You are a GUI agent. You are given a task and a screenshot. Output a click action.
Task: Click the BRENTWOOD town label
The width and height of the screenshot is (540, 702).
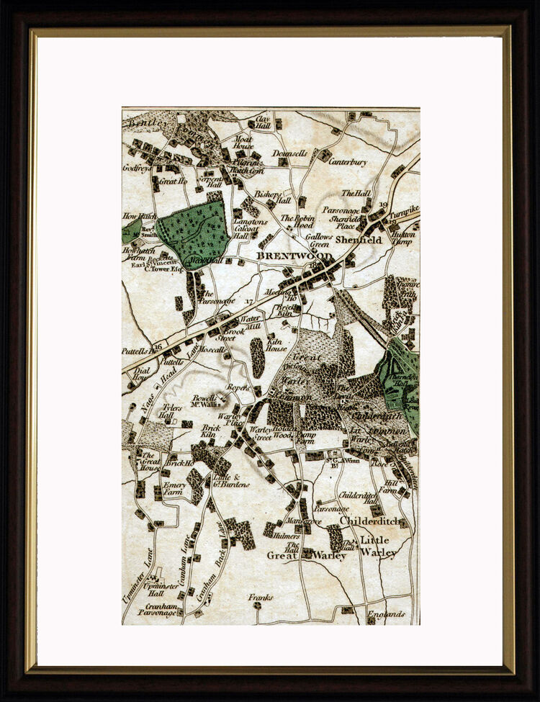[295, 256]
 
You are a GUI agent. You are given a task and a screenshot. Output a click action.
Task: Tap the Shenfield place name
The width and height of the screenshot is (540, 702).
[359, 240]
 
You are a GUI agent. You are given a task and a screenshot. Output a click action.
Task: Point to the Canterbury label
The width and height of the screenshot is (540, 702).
[348, 162]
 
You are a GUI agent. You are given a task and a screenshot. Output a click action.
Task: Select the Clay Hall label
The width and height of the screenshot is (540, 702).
[262, 122]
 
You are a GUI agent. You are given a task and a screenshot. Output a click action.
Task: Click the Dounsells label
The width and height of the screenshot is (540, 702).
[290, 153]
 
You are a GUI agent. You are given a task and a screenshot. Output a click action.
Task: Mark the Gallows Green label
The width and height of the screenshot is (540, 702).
[319, 240]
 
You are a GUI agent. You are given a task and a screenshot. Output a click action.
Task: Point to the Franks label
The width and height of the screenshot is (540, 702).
[261, 598]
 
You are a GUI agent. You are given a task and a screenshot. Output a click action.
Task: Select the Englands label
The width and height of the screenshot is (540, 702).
[387, 615]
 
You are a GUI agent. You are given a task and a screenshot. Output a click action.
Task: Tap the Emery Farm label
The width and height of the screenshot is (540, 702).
[174, 489]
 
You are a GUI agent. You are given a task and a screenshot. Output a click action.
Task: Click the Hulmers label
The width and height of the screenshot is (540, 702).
[286, 536]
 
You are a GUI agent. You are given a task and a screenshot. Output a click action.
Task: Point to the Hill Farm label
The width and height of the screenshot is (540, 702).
[390, 487]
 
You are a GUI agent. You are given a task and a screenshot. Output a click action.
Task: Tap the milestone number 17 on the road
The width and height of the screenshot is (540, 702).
[249, 301]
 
